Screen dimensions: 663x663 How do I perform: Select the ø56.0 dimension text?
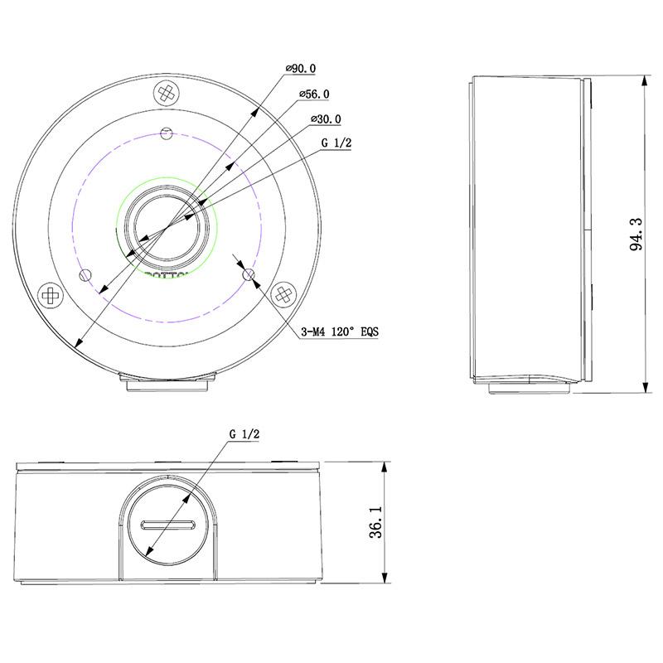313,94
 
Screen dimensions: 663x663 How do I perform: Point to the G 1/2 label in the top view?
336,143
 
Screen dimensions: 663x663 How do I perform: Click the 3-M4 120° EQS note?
340,332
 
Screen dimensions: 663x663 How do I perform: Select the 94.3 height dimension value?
636,235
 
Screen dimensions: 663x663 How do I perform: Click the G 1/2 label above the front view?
244,433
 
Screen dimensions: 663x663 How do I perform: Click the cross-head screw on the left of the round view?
51,293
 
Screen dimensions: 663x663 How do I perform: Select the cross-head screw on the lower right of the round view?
284,293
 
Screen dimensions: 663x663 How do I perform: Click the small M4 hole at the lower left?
83,275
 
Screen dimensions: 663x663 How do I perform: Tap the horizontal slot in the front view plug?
168,525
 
